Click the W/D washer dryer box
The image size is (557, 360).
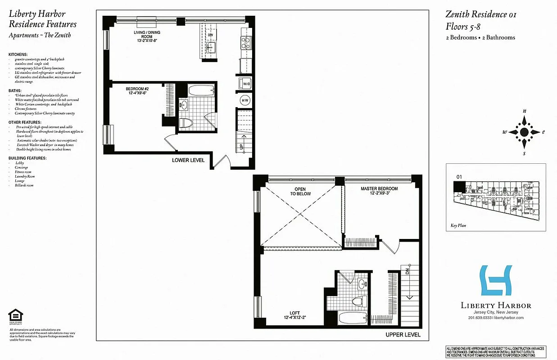coord(246,84)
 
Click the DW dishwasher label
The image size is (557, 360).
coord(210,35)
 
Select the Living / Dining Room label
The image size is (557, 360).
coord(147,35)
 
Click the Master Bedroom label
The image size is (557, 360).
coord(379,191)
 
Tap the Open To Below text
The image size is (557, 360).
coord(303,191)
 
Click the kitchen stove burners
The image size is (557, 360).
coord(246,43)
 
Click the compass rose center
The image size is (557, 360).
coord(524,132)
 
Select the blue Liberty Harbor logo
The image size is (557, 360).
coord(496,280)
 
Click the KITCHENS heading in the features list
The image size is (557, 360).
coord(18,54)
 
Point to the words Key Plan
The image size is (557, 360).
coord(457,226)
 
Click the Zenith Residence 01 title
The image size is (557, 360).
coord(480,14)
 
